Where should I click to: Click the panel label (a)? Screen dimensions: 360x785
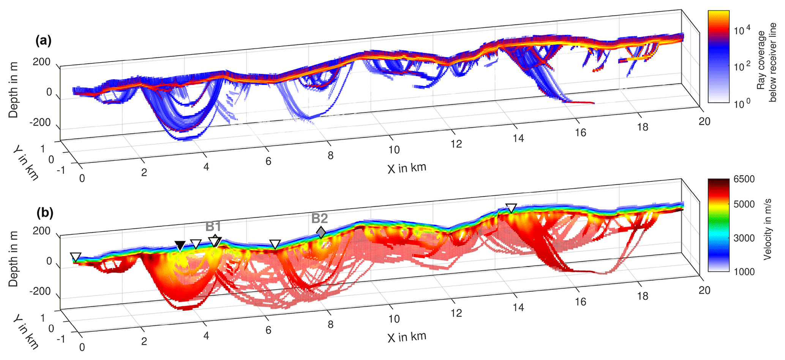pyautogui.click(x=43, y=40)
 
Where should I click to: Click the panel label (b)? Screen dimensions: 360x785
pyautogui.click(x=45, y=213)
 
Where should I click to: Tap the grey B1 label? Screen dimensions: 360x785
pyautogui.click(x=213, y=227)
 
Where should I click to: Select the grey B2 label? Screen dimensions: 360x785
pyautogui.click(x=319, y=218)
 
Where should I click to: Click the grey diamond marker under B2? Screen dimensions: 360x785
pyautogui.click(x=321, y=232)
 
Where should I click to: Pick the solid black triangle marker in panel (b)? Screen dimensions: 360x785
pyautogui.click(x=180, y=245)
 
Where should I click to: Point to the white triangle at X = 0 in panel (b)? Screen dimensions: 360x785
pyautogui.click(x=76, y=257)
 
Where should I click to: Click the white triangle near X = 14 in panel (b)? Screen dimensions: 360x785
pyautogui.click(x=512, y=208)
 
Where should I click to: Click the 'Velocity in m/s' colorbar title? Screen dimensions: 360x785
pyautogui.click(x=768, y=229)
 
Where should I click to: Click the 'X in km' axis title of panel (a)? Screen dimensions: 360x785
pyautogui.click(x=407, y=168)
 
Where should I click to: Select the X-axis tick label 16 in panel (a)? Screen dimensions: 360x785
pyautogui.click(x=580, y=133)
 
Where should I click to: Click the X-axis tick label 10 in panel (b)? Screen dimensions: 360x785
pyautogui.click(x=394, y=319)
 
